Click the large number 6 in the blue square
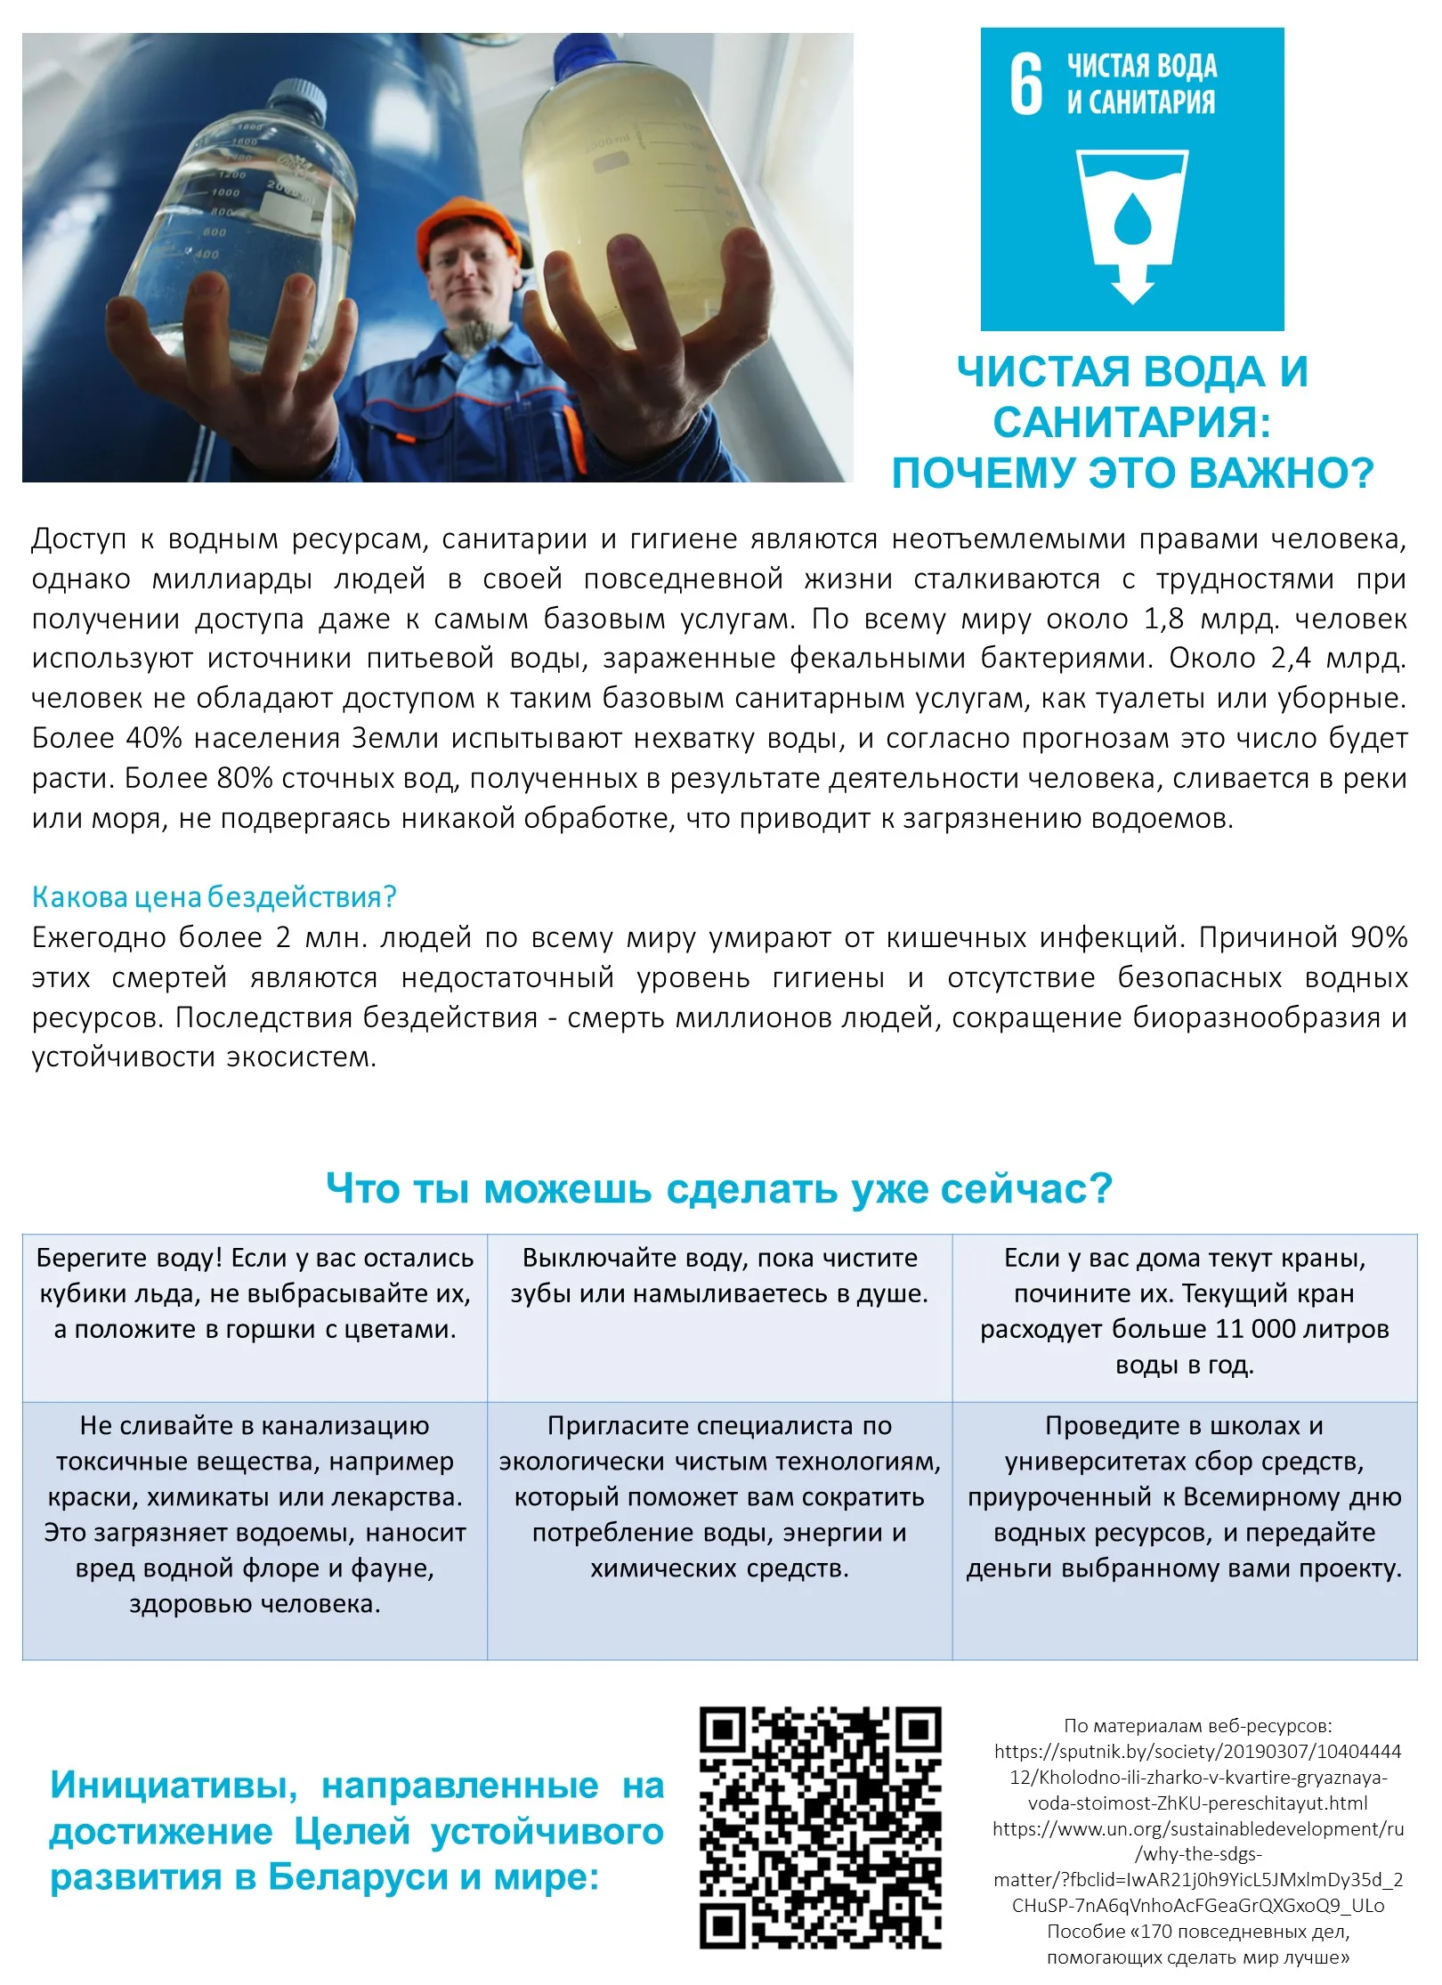[1025, 84]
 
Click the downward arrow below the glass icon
[1132, 286]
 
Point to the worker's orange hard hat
[470, 222]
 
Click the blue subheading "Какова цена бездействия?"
[214, 896]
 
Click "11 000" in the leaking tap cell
[1255, 1329]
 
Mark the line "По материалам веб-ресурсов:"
[1197, 1726]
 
